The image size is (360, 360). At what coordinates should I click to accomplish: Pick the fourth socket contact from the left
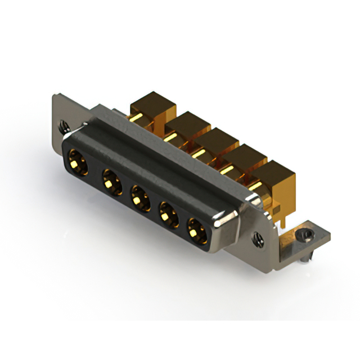168,214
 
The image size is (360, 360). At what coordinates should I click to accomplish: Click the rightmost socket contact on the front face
196,231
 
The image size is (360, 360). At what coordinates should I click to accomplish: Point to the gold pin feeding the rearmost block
135,118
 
